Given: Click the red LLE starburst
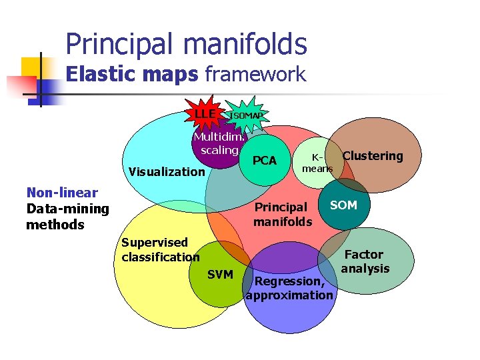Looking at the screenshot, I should pyautogui.click(x=205, y=115).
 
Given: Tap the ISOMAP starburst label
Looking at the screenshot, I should pyautogui.click(x=246, y=116).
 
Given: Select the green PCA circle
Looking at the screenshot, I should pyautogui.click(x=265, y=161).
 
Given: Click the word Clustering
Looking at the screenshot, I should pyautogui.click(x=373, y=156).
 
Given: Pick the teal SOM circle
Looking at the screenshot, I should pyautogui.click(x=343, y=205).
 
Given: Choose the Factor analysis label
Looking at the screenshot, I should pyautogui.click(x=365, y=261).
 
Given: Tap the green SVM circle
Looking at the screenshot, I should pyautogui.click(x=220, y=275).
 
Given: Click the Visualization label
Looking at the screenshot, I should pyautogui.click(x=167, y=171).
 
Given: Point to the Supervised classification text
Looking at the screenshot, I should pyautogui.click(x=160, y=249).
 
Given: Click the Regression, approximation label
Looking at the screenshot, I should pyautogui.click(x=289, y=288).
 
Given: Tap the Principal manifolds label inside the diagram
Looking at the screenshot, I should pyautogui.click(x=282, y=214).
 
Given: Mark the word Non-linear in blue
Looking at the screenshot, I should pyautogui.click(x=62, y=193).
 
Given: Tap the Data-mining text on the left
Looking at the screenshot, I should pyautogui.click(x=67, y=209).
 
